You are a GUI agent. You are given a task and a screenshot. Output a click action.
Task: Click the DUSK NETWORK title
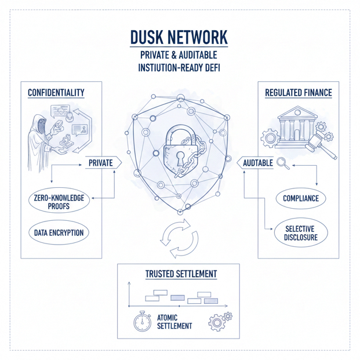tap(179, 38)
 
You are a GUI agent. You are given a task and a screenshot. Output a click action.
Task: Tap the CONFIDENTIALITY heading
tap(56, 93)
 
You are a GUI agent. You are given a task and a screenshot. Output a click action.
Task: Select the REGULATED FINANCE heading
tap(298, 93)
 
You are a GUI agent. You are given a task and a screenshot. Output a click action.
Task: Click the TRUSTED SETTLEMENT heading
tap(181, 273)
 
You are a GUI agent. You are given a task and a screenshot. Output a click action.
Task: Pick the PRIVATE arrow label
tap(100, 163)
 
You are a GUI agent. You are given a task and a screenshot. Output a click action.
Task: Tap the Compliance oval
tap(301, 198)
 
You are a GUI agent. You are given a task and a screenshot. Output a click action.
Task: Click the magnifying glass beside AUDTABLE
tap(282, 163)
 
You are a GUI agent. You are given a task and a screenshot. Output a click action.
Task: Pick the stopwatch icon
tap(143, 321)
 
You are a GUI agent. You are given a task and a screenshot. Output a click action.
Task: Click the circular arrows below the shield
tap(179, 238)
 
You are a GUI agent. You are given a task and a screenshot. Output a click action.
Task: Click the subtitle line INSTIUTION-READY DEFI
tap(179, 67)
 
